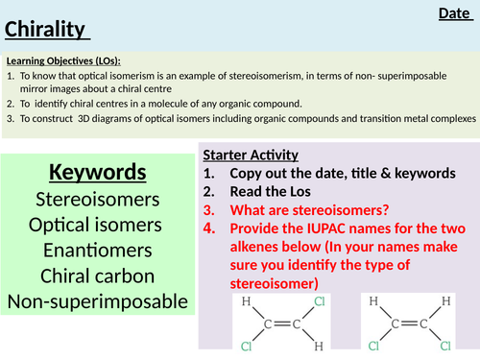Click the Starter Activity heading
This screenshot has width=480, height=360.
click(x=251, y=155)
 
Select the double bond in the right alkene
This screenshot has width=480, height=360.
click(x=403, y=323)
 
